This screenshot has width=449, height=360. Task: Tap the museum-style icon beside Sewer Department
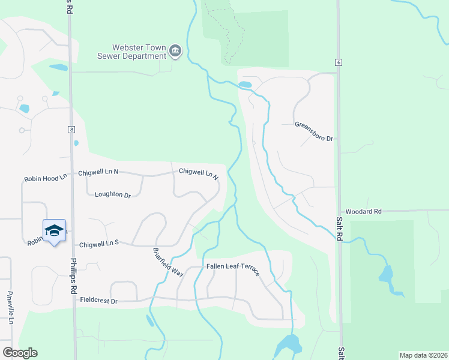click(x=175, y=51)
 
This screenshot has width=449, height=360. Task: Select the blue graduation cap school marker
click(x=53, y=230)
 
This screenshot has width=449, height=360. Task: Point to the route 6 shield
click(x=339, y=62)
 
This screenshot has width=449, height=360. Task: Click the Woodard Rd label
click(x=364, y=212)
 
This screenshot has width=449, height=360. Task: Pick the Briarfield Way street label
click(x=167, y=262)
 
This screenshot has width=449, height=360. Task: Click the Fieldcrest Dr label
click(x=98, y=299)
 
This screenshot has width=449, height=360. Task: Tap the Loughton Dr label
click(x=113, y=195)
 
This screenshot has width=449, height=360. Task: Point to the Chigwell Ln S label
click(x=100, y=244)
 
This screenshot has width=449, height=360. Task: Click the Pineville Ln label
click(x=10, y=308)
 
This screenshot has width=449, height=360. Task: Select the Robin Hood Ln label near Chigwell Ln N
click(x=46, y=179)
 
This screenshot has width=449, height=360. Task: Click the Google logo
click(x=20, y=353)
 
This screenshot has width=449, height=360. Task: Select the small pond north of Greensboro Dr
click(x=245, y=85)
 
